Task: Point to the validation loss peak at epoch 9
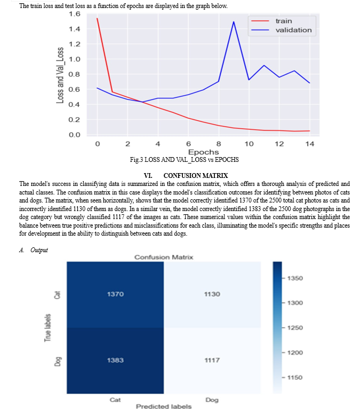pyautogui.click(x=234, y=22)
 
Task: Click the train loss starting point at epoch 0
pyautogui.click(x=97, y=18)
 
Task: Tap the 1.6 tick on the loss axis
pyautogui.click(x=75, y=14)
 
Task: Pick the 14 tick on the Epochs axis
pyautogui.click(x=309, y=144)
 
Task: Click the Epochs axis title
pyautogui.click(x=203, y=152)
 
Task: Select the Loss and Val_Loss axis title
pyautogui.click(x=60, y=75)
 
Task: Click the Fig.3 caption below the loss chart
pyautogui.click(x=185, y=160)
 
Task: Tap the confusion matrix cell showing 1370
pyautogui.click(x=115, y=294)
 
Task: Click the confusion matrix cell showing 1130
pyautogui.click(x=212, y=294)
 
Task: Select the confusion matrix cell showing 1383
pyautogui.click(x=115, y=361)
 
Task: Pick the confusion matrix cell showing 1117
pyautogui.click(x=212, y=361)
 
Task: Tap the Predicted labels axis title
pyautogui.click(x=164, y=407)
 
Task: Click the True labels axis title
pyautogui.click(x=47, y=328)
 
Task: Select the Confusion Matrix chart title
pyautogui.click(x=164, y=258)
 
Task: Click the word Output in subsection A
pyautogui.click(x=39, y=250)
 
